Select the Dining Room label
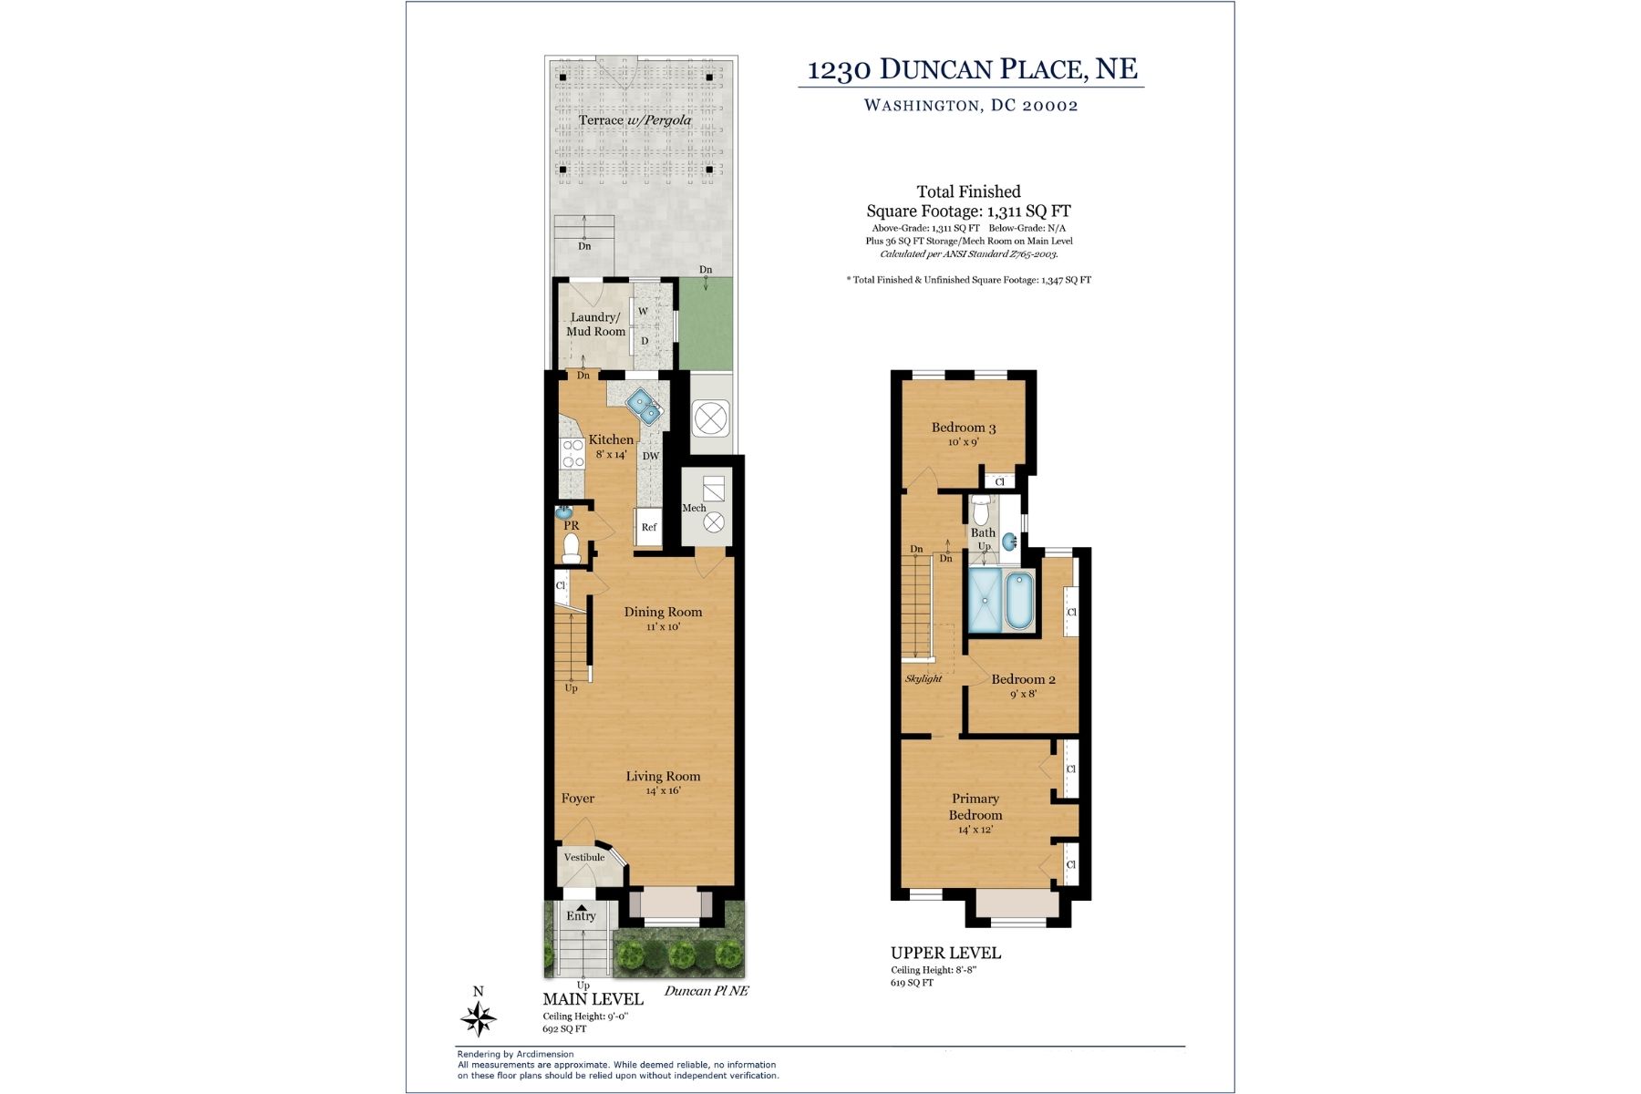[663, 612]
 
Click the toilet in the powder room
[572, 547]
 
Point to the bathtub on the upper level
[1019, 600]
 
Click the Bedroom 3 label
[964, 428]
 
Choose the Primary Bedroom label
[975, 807]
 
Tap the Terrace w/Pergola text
[635, 120]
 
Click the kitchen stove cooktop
[573, 454]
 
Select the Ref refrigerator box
[648, 527]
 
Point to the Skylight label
[924, 679]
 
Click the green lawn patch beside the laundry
[706, 325]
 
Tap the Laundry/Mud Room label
[596, 325]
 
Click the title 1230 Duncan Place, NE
[973, 69]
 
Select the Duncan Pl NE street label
[706, 991]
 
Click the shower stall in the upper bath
[985, 600]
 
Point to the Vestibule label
[584, 857]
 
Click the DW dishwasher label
[650, 457]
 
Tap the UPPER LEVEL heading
[945, 953]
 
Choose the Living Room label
[663, 777]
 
